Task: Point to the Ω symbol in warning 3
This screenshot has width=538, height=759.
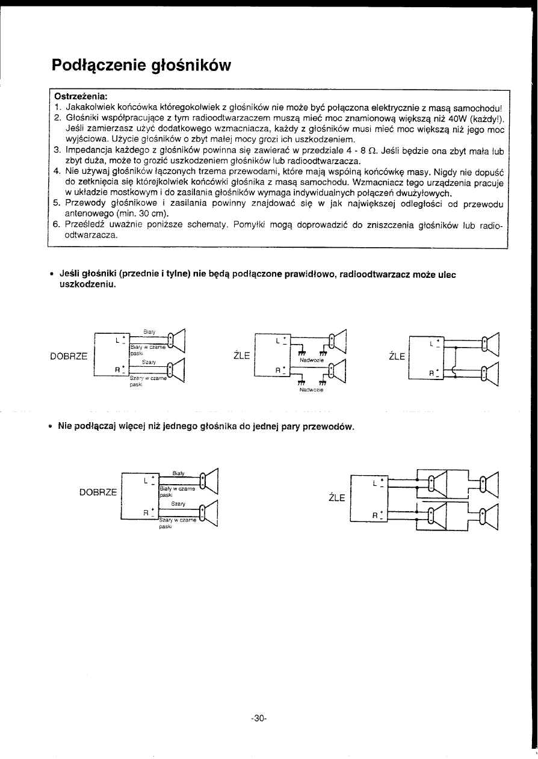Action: pos(374,151)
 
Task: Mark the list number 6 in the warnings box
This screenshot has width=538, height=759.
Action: pos(55,225)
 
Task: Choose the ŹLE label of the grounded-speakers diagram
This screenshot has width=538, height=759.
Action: pos(241,355)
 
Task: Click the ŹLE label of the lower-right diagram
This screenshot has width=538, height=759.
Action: pos(336,497)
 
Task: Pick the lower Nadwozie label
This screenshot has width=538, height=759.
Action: pos(311,390)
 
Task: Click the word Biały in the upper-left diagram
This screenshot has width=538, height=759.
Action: pos(150,331)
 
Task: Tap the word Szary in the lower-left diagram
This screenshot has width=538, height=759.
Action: pos(178,503)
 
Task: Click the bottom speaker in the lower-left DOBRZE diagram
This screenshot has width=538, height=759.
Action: pos(207,513)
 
